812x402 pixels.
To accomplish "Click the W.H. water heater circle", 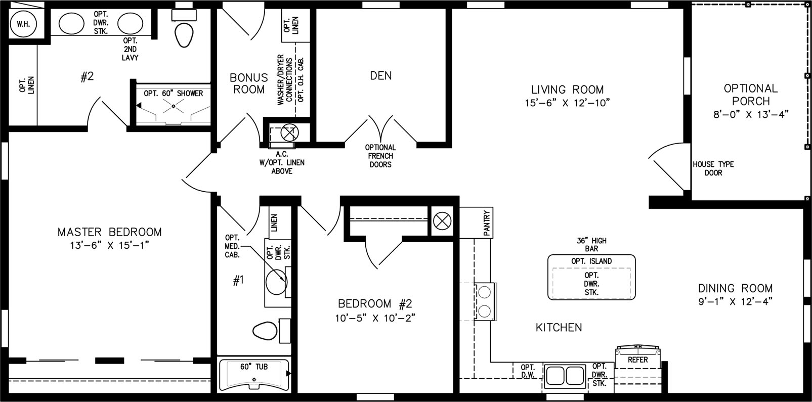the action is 24,24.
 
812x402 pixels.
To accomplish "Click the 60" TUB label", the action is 254,367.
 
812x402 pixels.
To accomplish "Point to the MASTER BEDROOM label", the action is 109,232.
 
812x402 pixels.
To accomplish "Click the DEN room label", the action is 380,76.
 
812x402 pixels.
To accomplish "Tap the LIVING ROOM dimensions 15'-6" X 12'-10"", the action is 567,103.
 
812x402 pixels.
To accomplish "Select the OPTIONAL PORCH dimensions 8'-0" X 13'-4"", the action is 751,114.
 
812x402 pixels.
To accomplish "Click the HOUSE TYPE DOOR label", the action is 713,168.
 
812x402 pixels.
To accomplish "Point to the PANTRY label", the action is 487,223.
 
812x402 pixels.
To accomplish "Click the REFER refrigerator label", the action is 637,360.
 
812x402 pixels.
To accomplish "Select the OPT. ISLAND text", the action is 591,261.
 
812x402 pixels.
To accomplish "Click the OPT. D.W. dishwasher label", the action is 528,371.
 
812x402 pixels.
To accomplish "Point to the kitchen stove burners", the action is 485,301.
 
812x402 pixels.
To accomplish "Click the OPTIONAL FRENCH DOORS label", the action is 380,156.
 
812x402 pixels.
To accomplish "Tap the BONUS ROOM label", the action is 249,83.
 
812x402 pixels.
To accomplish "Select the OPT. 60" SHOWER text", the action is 173,94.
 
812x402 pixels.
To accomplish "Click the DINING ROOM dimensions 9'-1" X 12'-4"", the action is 736,302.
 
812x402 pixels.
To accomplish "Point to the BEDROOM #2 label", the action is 375,303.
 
